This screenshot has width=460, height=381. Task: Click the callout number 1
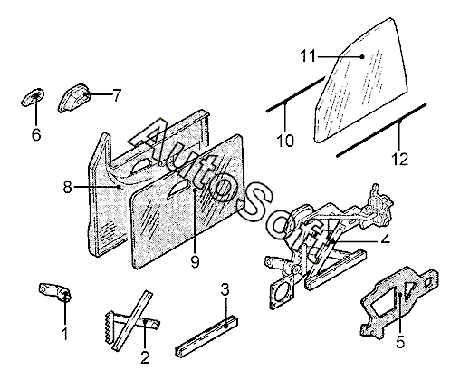pos(64,334)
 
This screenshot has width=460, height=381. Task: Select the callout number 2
pos(145,358)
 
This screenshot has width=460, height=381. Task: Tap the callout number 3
pos(225,289)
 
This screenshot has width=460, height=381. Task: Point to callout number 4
pos(385,241)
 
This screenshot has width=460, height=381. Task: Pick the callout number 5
pos(399,342)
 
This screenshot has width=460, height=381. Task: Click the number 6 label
pos(36,134)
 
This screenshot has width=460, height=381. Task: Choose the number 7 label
pos(117,95)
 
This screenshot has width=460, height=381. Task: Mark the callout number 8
pos(68,187)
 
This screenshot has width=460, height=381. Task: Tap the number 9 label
pos(195,261)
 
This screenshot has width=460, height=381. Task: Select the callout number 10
pos(285,141)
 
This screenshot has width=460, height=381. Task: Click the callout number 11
pos(308,56)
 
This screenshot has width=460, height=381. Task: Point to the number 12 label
pos(399,159)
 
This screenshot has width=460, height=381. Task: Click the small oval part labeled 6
pos(33,97)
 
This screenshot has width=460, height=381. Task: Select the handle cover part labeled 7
pos(73,98)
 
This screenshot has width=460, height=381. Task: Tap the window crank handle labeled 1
pos(55,291)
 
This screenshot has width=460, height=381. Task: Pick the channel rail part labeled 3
pos(206,336)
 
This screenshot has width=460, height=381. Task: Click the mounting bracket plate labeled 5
pos(399,302)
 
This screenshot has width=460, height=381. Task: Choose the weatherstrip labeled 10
pos(295,94)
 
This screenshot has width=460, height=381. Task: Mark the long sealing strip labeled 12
pos(381,131)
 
